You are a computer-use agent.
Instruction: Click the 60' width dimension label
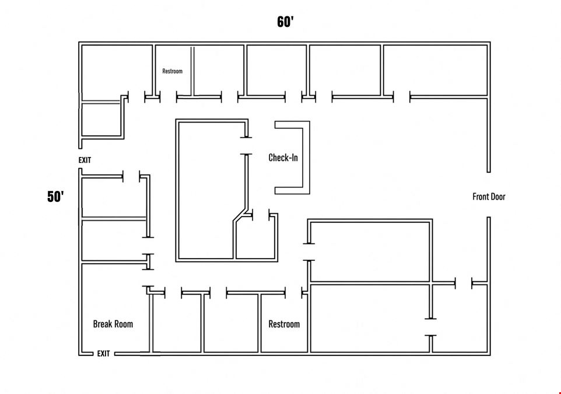pos(285,22)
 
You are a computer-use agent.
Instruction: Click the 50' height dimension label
pos(55,197)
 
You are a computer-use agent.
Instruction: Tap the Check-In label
pos(283,158)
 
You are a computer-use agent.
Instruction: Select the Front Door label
pos(489,197)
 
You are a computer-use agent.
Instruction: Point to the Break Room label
pos(113,324)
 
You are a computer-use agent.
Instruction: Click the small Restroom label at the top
pos(173,71)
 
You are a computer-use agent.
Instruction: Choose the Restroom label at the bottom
pos(284,324)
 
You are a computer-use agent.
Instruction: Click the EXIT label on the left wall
pos(85,160)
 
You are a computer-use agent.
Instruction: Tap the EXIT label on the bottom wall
pos(103,354)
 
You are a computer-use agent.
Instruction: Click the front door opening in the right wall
pos(489,194)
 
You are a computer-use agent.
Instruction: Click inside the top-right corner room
pos(436,70)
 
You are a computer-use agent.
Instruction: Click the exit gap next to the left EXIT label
pos(80,158)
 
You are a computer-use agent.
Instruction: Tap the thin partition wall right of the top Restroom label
pos(192,71)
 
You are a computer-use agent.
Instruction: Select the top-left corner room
pos(117,72)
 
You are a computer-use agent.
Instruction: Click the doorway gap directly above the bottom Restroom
pos(294,293)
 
